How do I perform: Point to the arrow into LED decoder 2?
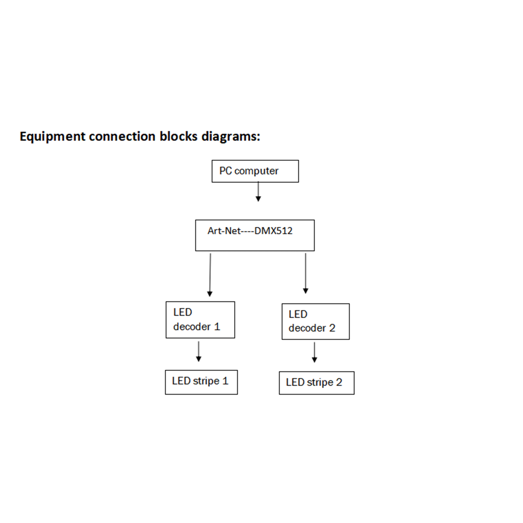306,273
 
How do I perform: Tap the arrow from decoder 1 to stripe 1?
199,351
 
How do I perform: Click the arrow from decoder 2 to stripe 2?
314,352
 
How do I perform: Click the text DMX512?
273,231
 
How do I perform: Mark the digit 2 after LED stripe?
339,382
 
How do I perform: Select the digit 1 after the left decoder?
217,327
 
